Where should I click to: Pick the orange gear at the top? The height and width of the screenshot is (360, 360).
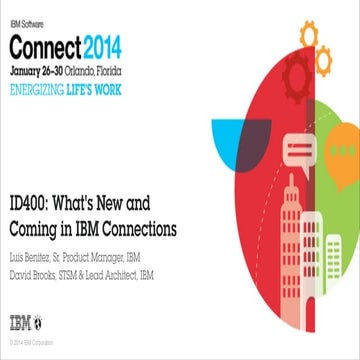[306, 37]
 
